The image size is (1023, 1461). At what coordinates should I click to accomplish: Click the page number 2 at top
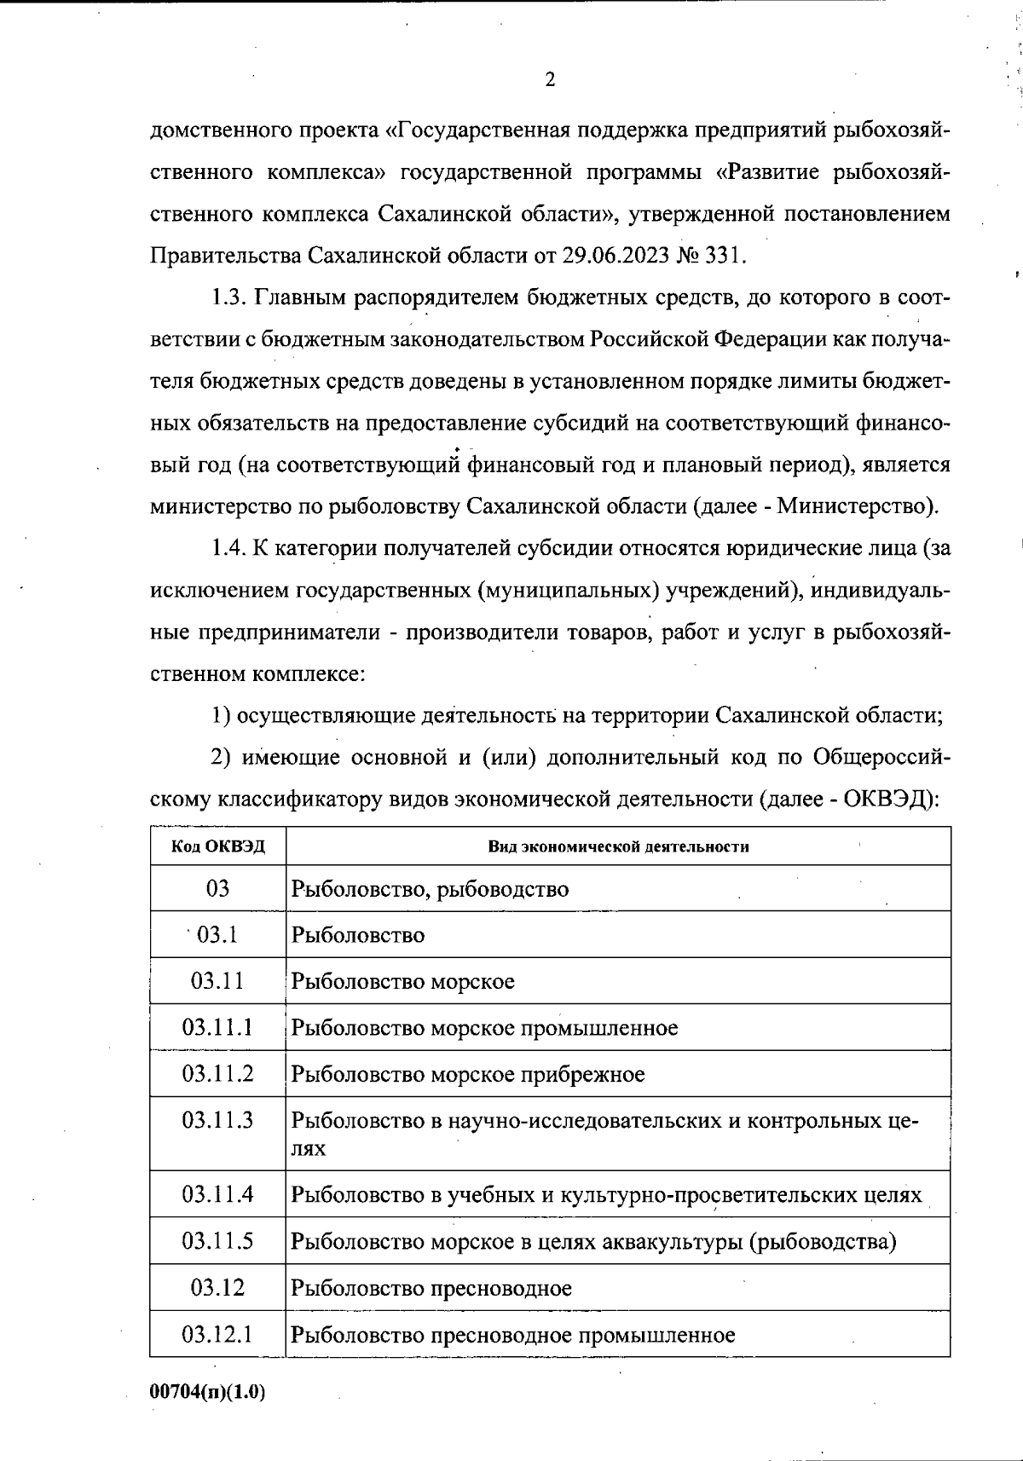pyautogui.click(x=549, y=80)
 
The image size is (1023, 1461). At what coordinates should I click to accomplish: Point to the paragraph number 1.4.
pyautogui.click(x=228, y=548)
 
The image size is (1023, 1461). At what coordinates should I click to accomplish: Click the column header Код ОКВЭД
pyautogui.click(x=218, y=846)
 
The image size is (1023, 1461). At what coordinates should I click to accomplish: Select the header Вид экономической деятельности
pyautogui.click(x=618, y=846)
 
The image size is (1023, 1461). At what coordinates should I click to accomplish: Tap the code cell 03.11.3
pyautogui.click(x=217, y=1120)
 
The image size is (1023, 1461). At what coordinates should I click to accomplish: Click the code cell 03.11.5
pyautogui.click(x=217, y=1241)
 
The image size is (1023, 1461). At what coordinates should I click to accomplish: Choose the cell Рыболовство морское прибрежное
pyautogui.click(x=468, y=1074)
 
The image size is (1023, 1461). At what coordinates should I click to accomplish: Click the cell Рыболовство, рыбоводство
pyautogui.click(x=430, y=889)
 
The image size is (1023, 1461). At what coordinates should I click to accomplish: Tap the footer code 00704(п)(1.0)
pyautogui.click(x=207, y=1392)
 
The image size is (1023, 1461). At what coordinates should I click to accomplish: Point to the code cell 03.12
pyautogui.click(x=217, y=1287)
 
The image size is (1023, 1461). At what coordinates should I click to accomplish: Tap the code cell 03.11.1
pyautogui.click(x=217, y=1027)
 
